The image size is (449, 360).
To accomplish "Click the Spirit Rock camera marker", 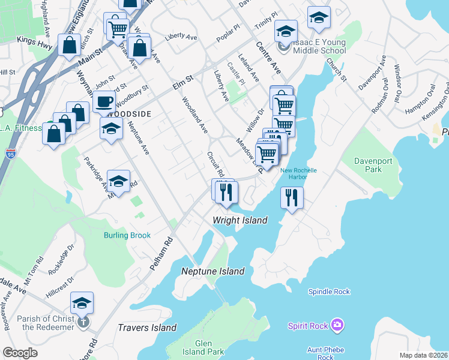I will tap(337, 325).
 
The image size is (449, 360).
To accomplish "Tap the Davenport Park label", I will tap(368, 165).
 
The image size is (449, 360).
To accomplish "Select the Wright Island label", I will tap(240, 220).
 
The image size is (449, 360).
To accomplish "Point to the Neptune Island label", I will tap(213, 271).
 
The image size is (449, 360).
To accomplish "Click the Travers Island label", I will tap(147, 327).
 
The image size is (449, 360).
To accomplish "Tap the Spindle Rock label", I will tap(328, 292).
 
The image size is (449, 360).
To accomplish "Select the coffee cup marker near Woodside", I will tap(104, 101).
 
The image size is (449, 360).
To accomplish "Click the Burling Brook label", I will tap(127, 235).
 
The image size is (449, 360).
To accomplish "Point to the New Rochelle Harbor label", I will tap(298, 173).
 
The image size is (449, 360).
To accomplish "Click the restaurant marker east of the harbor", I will tap(292, 197).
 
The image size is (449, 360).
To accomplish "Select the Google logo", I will tap(20, 353).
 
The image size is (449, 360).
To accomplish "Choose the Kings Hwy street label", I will tap(35, 40).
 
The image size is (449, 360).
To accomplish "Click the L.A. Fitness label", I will tap(20, 128).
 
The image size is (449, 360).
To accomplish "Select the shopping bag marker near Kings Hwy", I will tap(70, 44).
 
